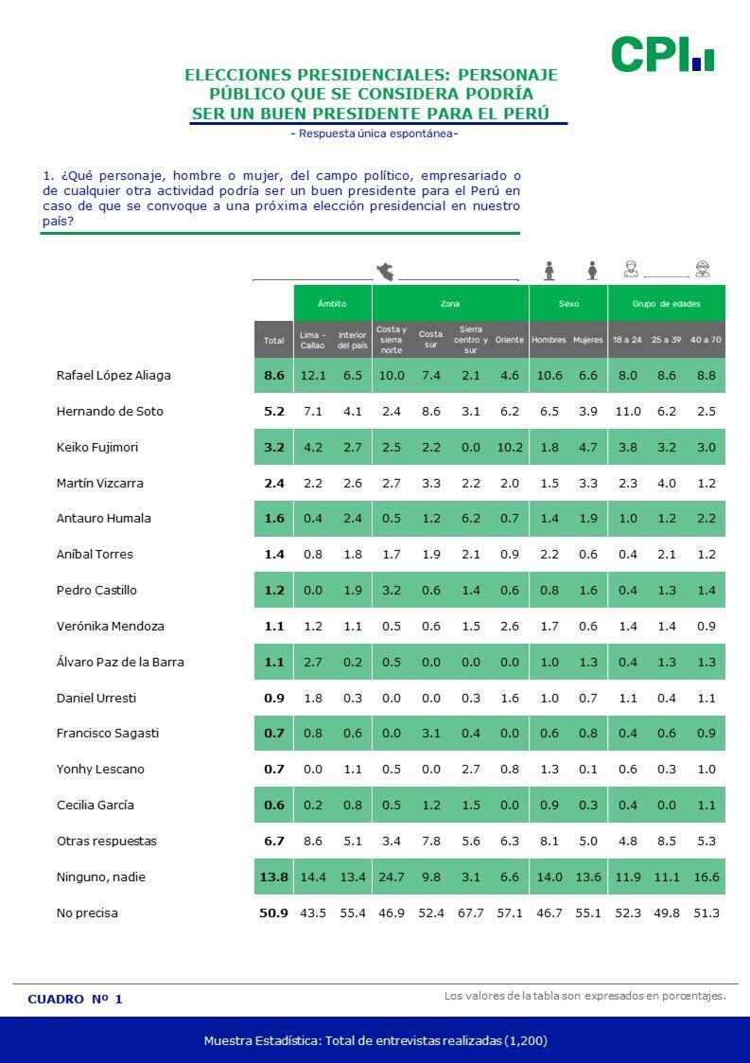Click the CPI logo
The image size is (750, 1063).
(x=662, y=55)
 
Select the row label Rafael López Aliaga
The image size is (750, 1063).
(x=113, y=376)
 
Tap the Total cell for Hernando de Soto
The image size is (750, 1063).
(x=273, y=412)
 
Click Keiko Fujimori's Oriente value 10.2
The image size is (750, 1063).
(x=509, y=448)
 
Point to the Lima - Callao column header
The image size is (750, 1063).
(x=312, y=340)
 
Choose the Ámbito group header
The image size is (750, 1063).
(x=332, y=304)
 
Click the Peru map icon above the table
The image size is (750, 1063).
(x=386, y=272)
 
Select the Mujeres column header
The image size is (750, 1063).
(x=587, y=340)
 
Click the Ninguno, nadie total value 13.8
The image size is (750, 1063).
(x=273, y=877)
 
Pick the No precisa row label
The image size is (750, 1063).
(x=87, y=913)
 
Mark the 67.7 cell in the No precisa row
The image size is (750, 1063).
(x=470, y=913)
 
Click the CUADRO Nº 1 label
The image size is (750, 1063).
(x=76, y=1000)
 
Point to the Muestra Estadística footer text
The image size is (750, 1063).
(x=375, y=1040)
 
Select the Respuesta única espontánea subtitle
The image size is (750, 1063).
(x=375, y=133)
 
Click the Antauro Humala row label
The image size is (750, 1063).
(x=103, y=519)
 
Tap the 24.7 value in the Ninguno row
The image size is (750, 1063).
(x=391, y=877)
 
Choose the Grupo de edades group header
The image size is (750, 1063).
(x=667, y=304)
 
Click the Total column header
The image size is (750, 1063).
(x=273, y=340)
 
